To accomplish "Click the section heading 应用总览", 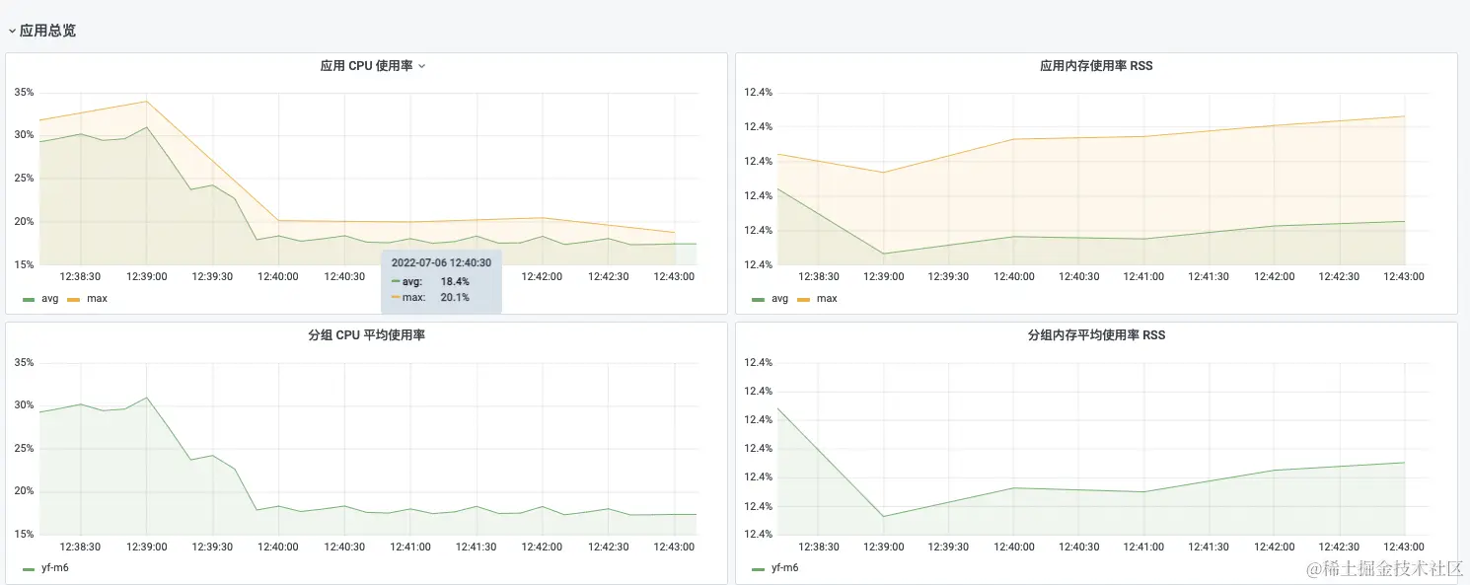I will pos(47,31).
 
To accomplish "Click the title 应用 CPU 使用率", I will pos(366,66).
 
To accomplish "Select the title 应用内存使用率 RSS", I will pos(1096,66).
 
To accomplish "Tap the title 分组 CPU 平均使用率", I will pos(366,335).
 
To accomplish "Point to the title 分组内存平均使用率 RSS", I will pos(1096,335).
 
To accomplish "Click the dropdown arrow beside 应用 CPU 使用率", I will pos(422,66).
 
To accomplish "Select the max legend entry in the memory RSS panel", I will pos(827,298).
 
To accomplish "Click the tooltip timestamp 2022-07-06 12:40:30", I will pos(441,263).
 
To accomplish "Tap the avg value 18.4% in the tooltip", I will pos(455,281).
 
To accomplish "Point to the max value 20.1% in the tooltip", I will pos(455,297).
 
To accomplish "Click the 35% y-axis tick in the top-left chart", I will pos(24,93).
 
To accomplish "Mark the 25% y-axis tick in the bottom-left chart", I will pos(24,449).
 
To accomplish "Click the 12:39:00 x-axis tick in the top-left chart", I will pos(146,277).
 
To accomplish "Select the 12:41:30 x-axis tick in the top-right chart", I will pos(1208,277).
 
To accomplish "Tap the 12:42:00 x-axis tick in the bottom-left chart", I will pos(542,547).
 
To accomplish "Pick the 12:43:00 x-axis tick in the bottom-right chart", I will pos(1403,547).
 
